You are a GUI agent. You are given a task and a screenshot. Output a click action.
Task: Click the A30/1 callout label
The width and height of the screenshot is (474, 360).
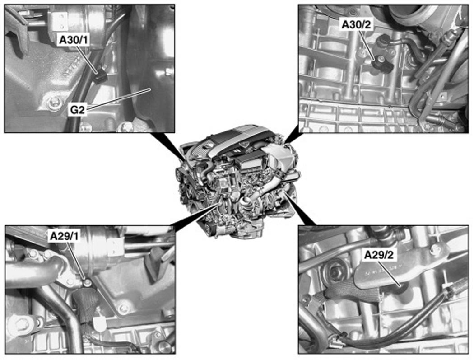coord(74,40)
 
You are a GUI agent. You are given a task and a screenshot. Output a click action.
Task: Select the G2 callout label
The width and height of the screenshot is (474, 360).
coord(77,110)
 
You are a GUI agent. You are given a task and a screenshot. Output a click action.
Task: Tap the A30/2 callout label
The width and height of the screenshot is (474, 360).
coord(356,25)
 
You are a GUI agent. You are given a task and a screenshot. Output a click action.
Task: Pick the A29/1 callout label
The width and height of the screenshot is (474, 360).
coord(64,236)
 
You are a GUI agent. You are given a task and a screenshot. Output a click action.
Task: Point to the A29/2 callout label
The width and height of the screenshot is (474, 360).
coord(379,255)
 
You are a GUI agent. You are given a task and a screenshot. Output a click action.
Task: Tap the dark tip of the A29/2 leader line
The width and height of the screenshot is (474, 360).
coord(401,285)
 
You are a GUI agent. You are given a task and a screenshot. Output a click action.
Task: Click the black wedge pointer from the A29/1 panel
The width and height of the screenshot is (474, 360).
coord(196,216)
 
